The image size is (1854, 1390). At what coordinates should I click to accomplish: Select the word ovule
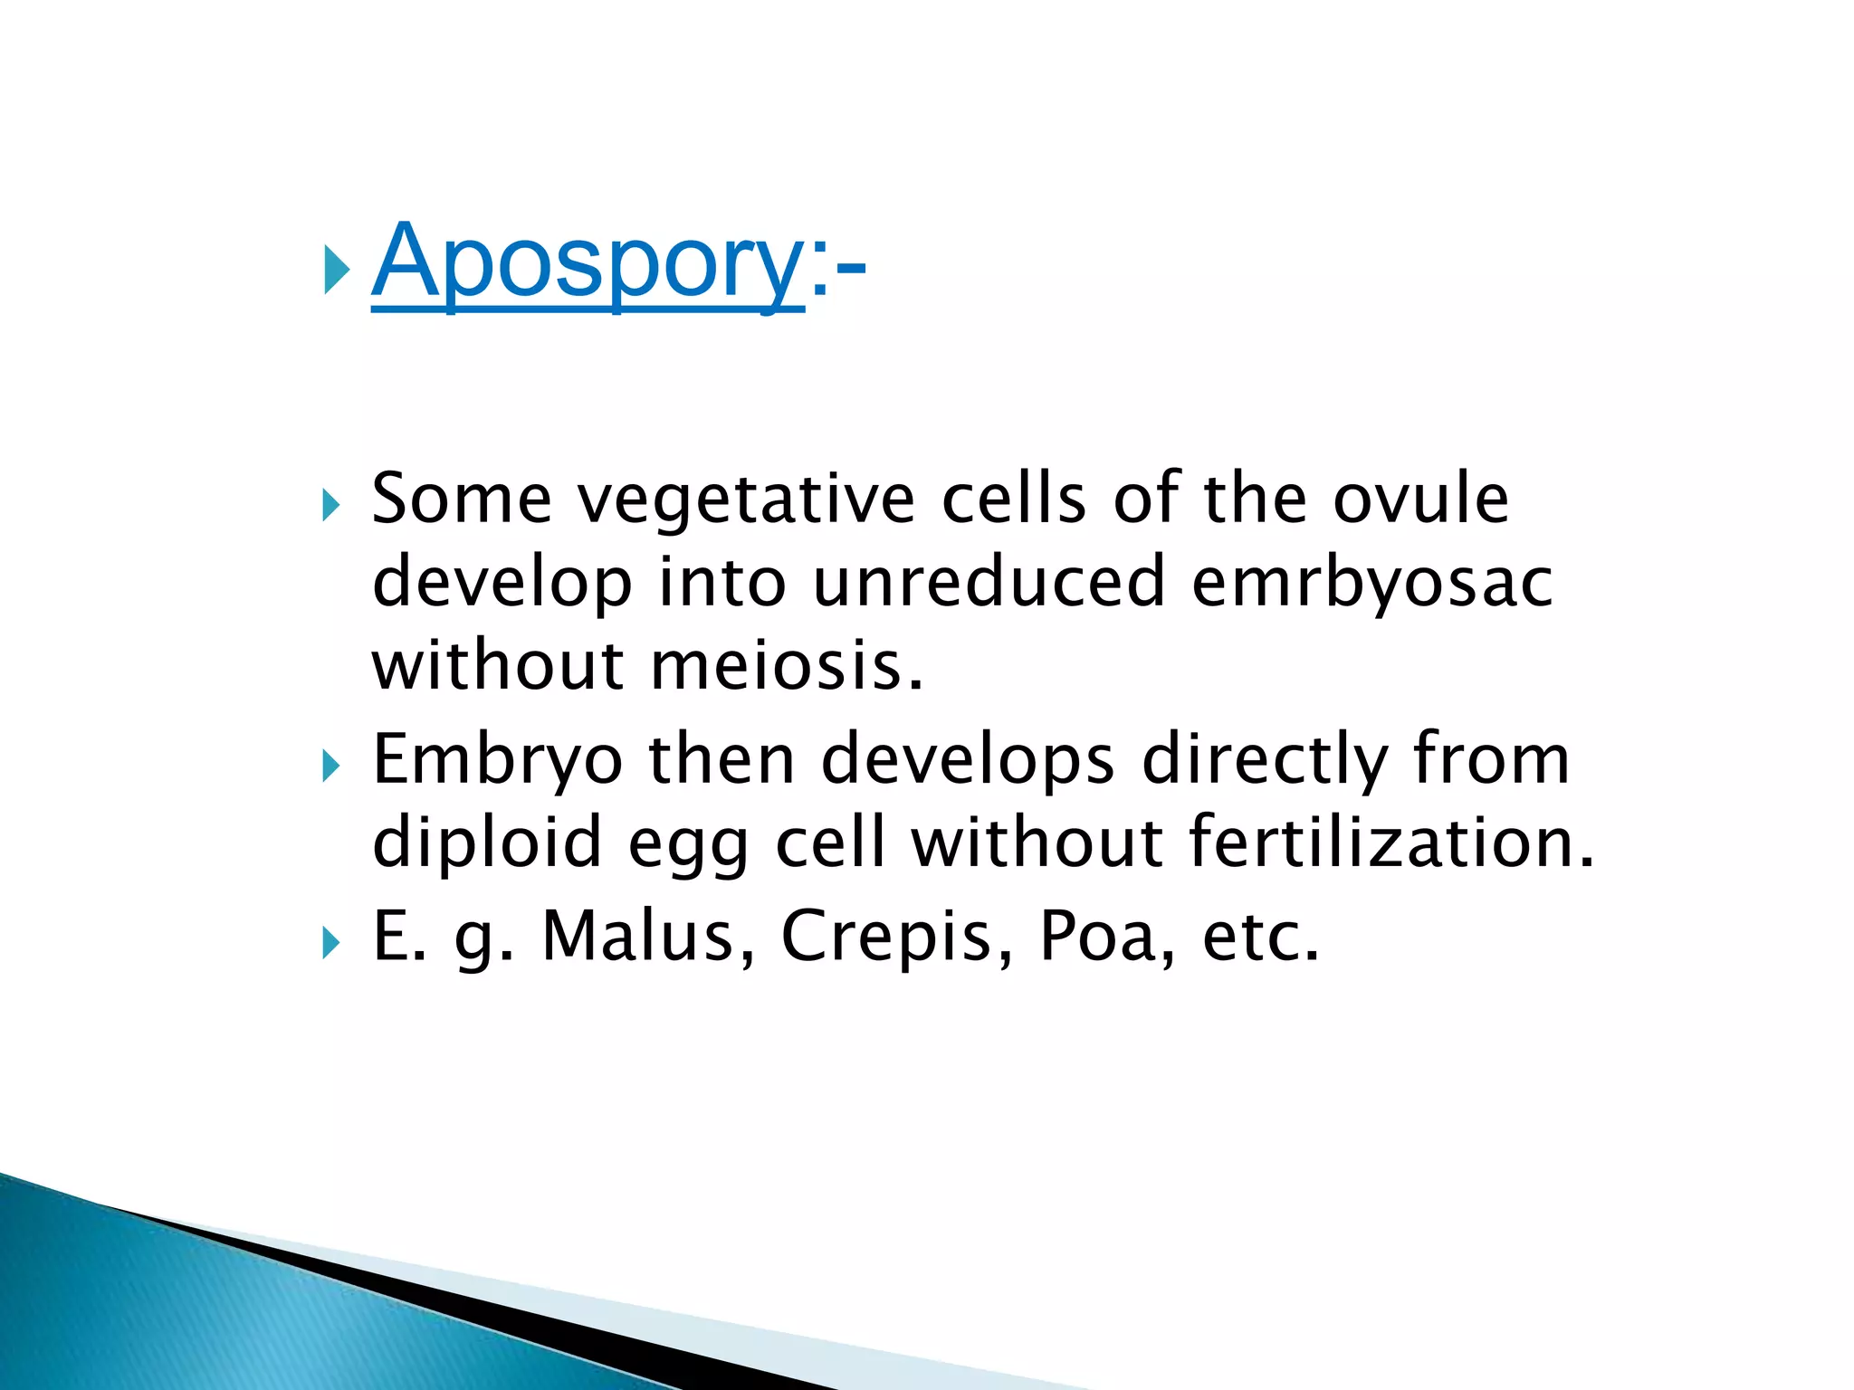[x=1420, y=500]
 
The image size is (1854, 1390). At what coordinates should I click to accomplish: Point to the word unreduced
[x=989, y=583]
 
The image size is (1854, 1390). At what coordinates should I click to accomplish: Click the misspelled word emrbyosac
[x=1371, y=583]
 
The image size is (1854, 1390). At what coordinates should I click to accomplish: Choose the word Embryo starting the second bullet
[x=497, y=760]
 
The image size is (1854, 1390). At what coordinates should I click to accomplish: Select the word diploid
[x=487, y=842]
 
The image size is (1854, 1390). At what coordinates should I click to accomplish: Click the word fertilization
[x=1390, y=842]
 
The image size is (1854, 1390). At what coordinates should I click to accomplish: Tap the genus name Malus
[x=648, y=936]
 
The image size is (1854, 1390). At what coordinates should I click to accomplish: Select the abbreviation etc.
[x=1260, y=936]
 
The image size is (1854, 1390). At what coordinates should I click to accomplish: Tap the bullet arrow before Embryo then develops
[x=330, y=767]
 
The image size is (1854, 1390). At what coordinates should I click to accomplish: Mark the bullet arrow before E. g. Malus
[x=330, y=944]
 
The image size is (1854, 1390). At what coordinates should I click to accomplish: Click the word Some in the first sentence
[x=462, y=500]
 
